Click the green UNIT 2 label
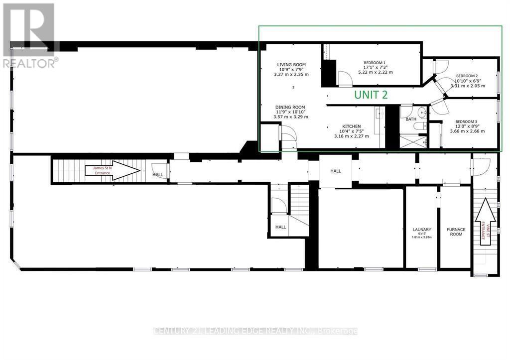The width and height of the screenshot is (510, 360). tap(371, 94)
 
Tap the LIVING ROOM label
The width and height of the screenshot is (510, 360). tap(291, 65)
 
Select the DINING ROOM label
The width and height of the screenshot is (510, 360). tap(291, 107)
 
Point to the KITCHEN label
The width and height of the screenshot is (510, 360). tap(351, 126)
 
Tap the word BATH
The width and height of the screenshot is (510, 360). tap(411, 119)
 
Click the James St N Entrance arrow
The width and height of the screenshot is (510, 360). tap(112, 170)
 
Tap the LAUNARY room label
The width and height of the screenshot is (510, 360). tap(421, 230)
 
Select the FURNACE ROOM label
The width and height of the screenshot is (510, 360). tap(456, 232)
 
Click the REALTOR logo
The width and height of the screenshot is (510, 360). tap(29, 35)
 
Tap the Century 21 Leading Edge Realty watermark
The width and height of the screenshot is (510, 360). tap(255, 331)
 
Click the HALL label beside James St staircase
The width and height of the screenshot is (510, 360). tap(158, 175)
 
